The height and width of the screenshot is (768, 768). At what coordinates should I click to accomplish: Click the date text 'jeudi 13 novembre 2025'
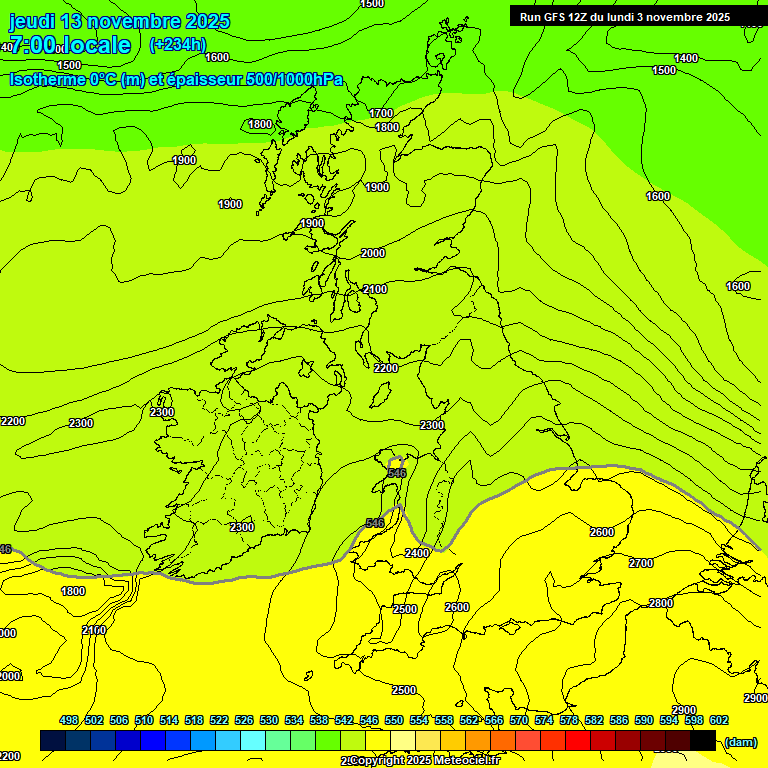click(x=119, y=21)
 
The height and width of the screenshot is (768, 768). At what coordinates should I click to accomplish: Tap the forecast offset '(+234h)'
click(x=177, y=45)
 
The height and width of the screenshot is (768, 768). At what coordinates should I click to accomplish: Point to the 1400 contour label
click(x=686, y=59)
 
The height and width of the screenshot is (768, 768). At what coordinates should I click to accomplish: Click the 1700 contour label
click(x=381, y=113)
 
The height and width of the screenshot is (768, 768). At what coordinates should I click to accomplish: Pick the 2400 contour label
click(x=417, y=553)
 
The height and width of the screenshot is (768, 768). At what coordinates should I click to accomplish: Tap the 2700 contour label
click(x=641, y=564)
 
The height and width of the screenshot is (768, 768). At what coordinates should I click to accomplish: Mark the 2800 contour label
click(x=661, y=603)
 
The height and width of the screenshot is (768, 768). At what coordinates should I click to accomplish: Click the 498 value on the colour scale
click(x=69, y=720)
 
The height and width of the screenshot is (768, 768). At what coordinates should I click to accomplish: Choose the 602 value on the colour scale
click(x=719, y=720)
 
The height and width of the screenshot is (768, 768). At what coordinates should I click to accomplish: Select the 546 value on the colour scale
click(x=369, y=720)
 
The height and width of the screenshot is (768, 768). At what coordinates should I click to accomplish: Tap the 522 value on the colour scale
click(x=219, y=720)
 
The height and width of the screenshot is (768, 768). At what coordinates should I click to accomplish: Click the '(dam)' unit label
click(x=740, y=741)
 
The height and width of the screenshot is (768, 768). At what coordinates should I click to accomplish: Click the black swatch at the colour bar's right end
click(x=703, y=740)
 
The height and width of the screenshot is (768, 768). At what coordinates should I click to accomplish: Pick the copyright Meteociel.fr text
click(x=420, y=761)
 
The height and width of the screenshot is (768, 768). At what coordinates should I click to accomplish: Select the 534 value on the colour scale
click(x=294, y=720)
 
